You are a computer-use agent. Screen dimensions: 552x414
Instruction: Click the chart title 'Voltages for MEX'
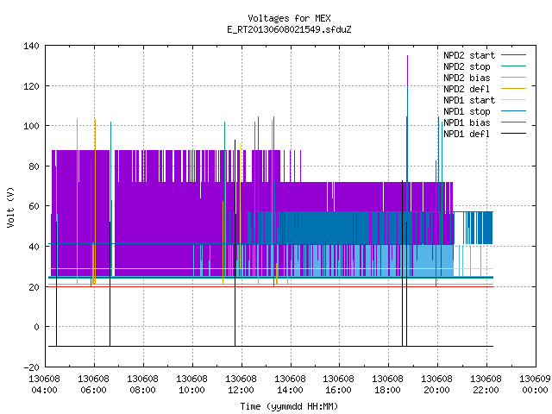tap(289, 18)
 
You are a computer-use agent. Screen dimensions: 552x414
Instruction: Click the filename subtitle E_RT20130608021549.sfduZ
tap(289, 29)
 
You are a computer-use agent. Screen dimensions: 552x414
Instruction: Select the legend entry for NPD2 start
tap(469, 55)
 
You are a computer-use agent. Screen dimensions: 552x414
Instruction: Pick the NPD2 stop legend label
tap(467, 66)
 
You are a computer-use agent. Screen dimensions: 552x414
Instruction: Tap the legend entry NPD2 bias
tap(467, 78)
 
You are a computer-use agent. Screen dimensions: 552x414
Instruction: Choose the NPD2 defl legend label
tap(467, 89)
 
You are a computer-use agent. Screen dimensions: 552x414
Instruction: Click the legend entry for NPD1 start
tap(469, 100)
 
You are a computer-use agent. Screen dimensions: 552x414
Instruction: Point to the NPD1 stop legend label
tap(467, 111)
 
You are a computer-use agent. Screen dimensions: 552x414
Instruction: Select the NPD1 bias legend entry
tap(467, 122)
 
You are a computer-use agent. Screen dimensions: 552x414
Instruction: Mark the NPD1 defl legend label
tap(467, 134)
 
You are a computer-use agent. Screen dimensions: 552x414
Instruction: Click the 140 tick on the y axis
tap(31, 46)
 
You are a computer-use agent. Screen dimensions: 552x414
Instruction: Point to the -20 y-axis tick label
tap(31, 367)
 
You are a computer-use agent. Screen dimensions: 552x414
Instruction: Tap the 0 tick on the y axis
tap(36, 327)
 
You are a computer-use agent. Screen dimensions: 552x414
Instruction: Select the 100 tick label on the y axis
tap(31, 126)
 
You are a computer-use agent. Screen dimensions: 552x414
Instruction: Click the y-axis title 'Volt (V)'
tap(11, 207)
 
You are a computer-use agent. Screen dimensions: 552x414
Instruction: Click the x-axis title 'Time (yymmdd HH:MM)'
tap(289, 406)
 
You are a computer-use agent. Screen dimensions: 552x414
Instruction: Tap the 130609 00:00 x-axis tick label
tap(535, 385)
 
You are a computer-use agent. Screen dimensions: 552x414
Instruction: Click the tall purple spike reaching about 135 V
tap(407, 71)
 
